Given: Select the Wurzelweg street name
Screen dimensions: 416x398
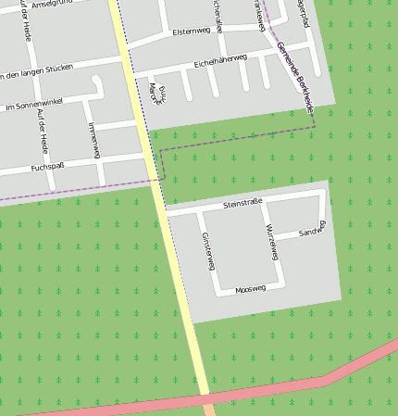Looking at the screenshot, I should pyautogui.click(x=271, y=241).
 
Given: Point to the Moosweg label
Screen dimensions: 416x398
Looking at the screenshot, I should pyautogui.click(x=250, y=289).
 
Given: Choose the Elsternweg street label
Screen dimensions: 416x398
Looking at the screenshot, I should pyautogui.click(x=192, y=32).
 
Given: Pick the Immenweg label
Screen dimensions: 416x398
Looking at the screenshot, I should pyautogui.click(x=92, y=140).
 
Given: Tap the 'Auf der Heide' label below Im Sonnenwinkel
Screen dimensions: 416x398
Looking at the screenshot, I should pyautogui.click(x=41, y=131).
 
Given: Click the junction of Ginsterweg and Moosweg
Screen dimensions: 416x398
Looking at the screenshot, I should pyautogui.click(x=219, y=293).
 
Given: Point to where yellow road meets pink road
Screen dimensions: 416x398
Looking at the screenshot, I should pyautogui.click(x=206, y=399).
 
